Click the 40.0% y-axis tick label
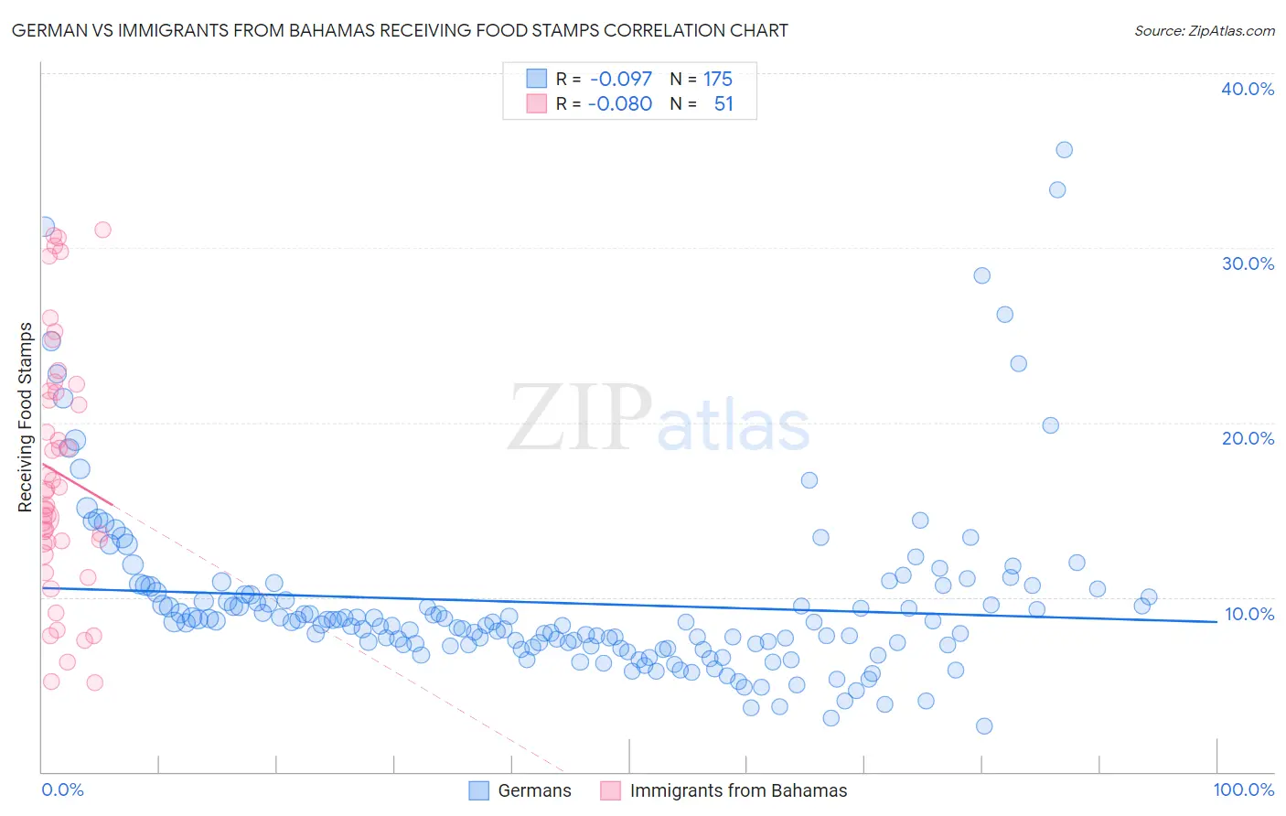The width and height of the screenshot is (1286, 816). click(1247, 89)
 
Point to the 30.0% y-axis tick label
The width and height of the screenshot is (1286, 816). click(1247, 263)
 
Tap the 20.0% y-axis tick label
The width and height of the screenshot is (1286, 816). click(1247, 438)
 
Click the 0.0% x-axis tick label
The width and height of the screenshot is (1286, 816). click(62, 789)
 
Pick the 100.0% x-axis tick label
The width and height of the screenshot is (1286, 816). click(1243, 789)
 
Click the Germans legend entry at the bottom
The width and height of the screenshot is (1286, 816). click(534, 790)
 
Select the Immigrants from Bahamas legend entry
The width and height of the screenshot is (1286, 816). click(738, 790)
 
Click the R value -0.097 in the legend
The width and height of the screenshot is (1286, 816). click(621, 80)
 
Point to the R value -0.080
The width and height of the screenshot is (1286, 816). click(620, 103)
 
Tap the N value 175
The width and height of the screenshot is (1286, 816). click(718, 80)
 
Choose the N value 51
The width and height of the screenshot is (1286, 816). click(723, 103)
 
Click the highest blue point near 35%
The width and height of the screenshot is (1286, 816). click(1064, 150)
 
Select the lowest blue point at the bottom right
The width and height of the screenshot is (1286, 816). click(984, 725)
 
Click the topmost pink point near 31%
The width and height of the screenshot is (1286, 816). click(102, 230)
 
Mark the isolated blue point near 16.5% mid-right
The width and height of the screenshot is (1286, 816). click(809, 480)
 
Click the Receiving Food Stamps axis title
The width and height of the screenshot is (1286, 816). click(25, 417)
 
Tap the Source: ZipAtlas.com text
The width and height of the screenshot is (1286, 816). click(1204, 31)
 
